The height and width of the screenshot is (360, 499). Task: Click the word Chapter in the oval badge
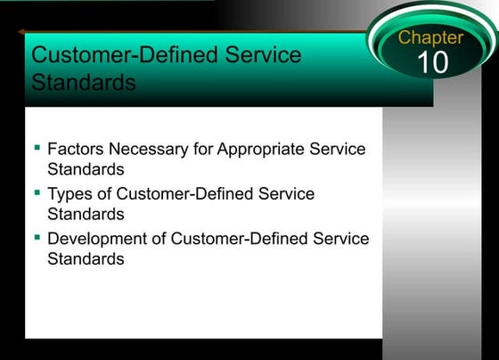click(x=430, y=37)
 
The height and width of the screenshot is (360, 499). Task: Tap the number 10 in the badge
click(x=432, y=62)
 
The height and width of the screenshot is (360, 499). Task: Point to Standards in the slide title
click(x=84, y=83)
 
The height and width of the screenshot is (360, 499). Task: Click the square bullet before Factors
click(x=37, y=145)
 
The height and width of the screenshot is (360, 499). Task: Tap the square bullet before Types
click(x=37, y=191)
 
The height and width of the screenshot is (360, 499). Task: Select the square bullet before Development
click(x=37, y=236)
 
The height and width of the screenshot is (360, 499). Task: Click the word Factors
click(x=75, y=149)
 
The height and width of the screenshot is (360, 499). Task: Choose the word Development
click(x=96, y=238)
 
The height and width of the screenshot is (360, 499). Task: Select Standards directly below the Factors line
click(x=86, y=168)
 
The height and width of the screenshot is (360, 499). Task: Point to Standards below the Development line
click(x=86, y=258)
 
